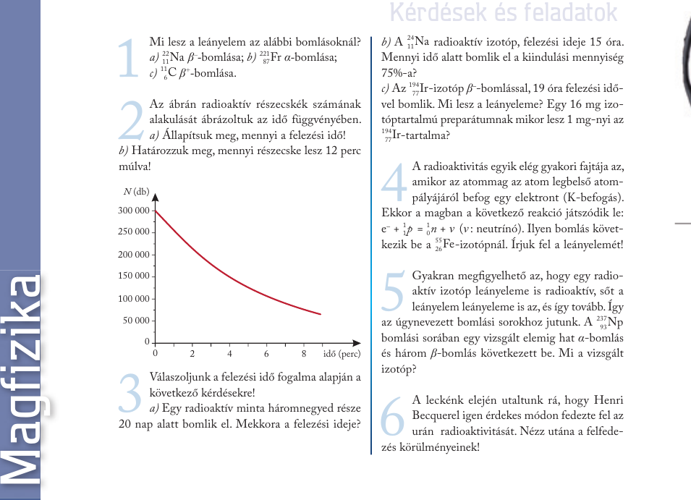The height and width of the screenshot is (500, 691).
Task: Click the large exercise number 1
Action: click(x=128, y=58)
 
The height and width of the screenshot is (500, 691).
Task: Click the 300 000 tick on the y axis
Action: click(x=133, y=211)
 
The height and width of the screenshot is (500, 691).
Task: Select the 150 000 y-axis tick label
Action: click(x=133, y=276)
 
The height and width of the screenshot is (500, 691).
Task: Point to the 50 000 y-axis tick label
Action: click(x=135, y=321)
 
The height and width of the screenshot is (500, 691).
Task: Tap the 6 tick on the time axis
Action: click(x=267, y=354)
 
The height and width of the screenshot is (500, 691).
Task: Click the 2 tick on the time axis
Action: click(x=192, y=354)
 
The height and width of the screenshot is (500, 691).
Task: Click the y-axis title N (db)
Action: click(x=136, y=191)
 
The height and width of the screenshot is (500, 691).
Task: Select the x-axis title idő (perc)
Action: click(x=342, y=354)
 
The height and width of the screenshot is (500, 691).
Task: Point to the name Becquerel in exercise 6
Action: click(x=444, y=415)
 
